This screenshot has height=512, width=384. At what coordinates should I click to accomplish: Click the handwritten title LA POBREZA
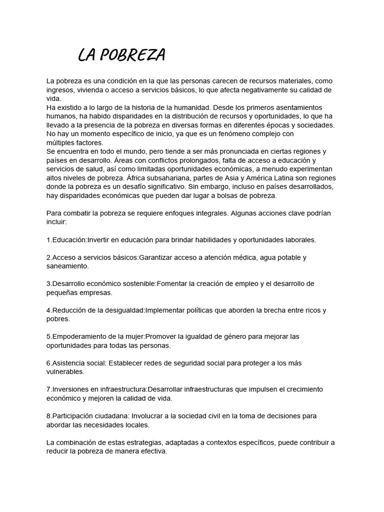coord(121,55)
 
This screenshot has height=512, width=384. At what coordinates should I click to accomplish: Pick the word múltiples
coord(60,142)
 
